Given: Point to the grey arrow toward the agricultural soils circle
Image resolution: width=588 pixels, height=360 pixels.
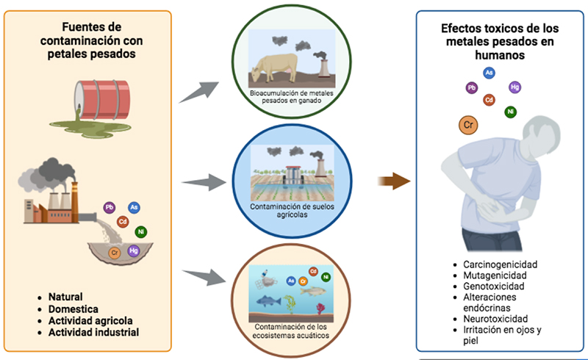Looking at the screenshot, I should (201, 181).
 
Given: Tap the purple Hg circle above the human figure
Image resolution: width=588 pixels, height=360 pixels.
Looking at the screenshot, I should (514, 87).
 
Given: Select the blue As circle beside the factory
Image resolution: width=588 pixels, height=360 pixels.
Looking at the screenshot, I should (134, 209).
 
